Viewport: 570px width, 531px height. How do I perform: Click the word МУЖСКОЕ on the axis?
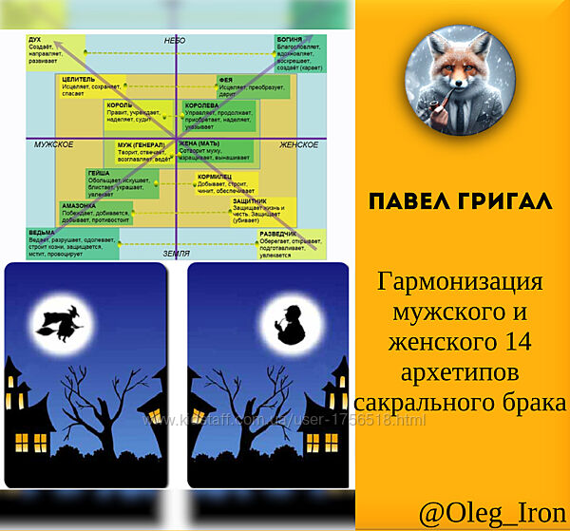[54, 144]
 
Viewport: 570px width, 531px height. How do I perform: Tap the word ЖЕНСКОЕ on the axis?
[298, 144]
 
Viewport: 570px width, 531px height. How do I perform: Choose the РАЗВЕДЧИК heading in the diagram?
[279, 233]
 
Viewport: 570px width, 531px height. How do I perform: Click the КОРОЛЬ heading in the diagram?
[120, 105]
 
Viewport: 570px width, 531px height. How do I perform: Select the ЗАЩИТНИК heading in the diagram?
[249, 201]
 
